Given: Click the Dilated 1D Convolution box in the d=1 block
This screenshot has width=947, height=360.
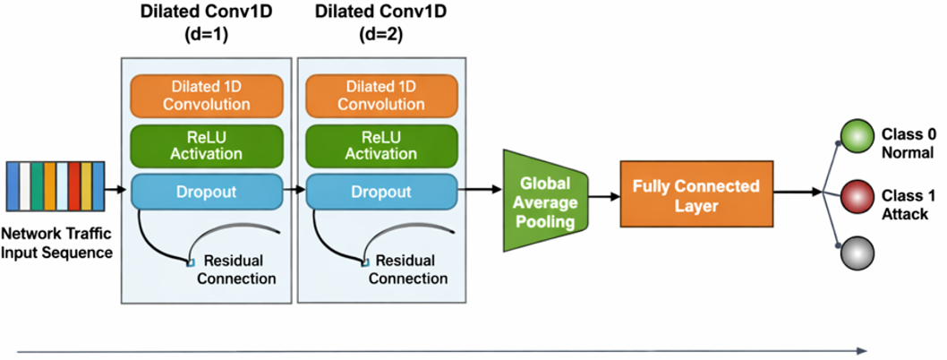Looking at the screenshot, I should (207, 95).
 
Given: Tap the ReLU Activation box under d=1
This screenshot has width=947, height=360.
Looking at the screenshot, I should (207, 144).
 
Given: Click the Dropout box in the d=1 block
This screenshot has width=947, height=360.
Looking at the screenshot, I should (207, 192).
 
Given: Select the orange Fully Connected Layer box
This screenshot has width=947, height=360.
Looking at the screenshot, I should (695, 193).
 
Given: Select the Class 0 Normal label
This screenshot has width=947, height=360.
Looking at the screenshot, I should (906, 142).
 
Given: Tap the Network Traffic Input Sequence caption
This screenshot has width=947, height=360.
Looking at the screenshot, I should (56, 244).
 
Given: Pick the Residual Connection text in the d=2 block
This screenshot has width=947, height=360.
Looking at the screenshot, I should (407, 269).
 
